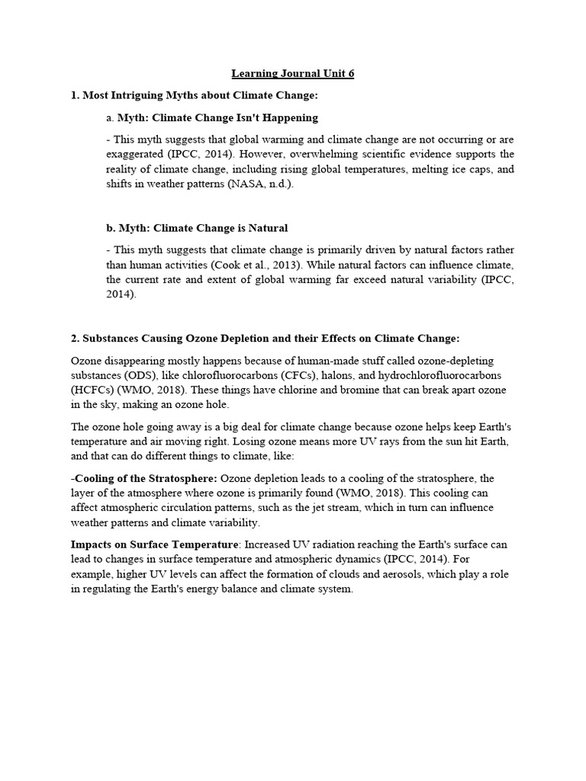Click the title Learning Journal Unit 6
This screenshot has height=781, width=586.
pyautogui.click(x=293, y=74)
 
